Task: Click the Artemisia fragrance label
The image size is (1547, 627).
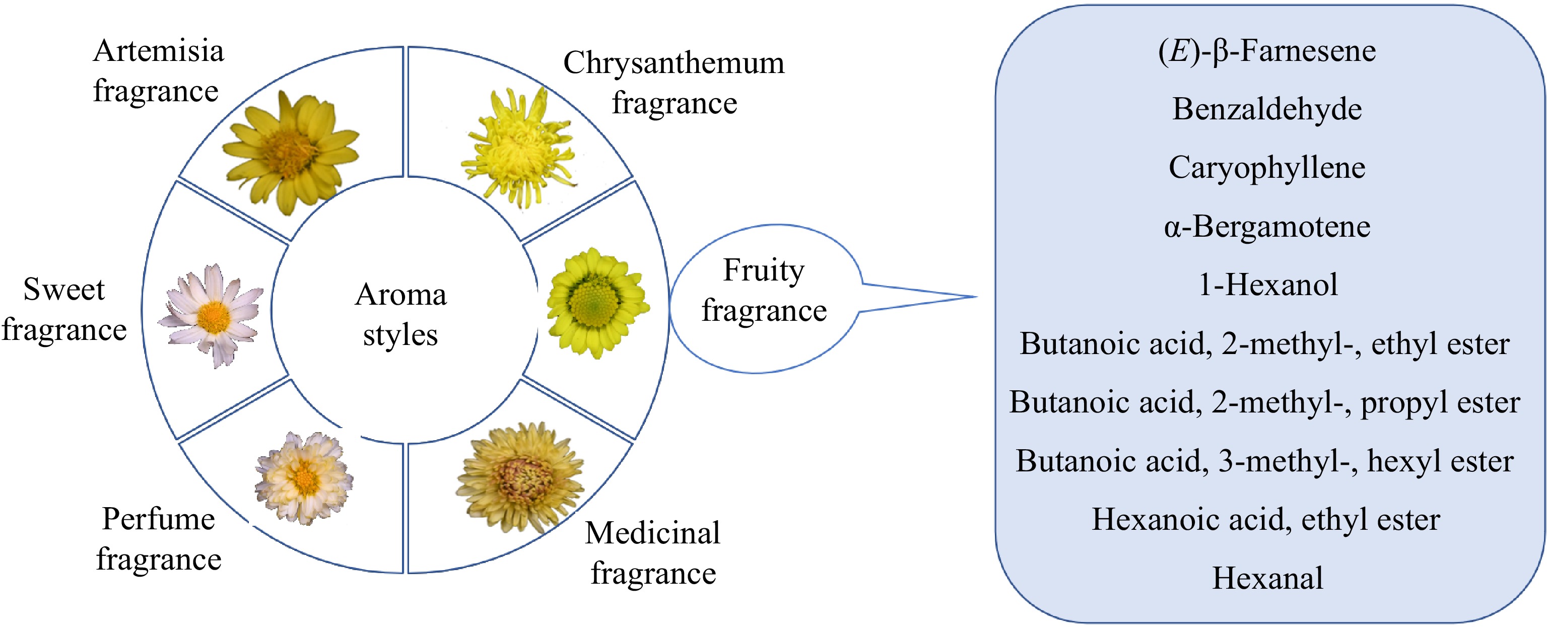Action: click(x=158, y=71)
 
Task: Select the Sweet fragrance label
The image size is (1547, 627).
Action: click(x=64, y=309)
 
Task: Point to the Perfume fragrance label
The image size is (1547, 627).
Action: click(x=159, y=539)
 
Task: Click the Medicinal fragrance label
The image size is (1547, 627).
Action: click(x=653, y=552)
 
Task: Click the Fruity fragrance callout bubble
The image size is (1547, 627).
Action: click(x=764, y=291)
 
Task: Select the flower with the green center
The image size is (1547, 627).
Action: click(x=596, y=303)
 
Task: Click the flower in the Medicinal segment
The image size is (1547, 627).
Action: click(x=519, y=478)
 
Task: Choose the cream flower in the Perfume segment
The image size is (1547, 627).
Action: click(x=304, y=478)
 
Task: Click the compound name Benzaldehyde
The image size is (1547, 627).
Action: click(x=1267, y=109)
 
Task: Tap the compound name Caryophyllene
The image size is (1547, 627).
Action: click(x=1267, y=168)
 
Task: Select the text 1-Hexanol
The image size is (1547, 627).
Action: click(x=1267, y=285)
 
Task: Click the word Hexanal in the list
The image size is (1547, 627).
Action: click(x=1267, y=578)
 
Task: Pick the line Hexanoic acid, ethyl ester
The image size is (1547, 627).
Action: click(x=1266, y=520)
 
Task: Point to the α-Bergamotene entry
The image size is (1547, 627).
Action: click(x=1267, y=227)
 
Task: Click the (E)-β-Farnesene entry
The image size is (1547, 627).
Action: click(x=1267, y=51)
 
